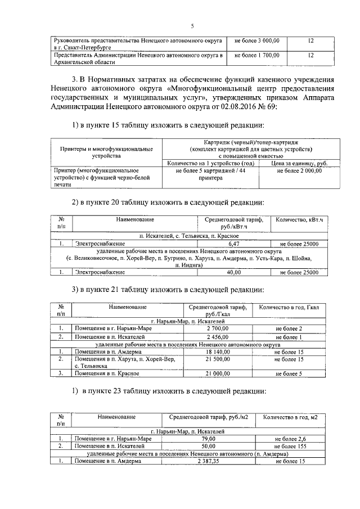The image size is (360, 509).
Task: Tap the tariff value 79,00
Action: tap(208, 438)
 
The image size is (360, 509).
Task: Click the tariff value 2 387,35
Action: tap(208, 461)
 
